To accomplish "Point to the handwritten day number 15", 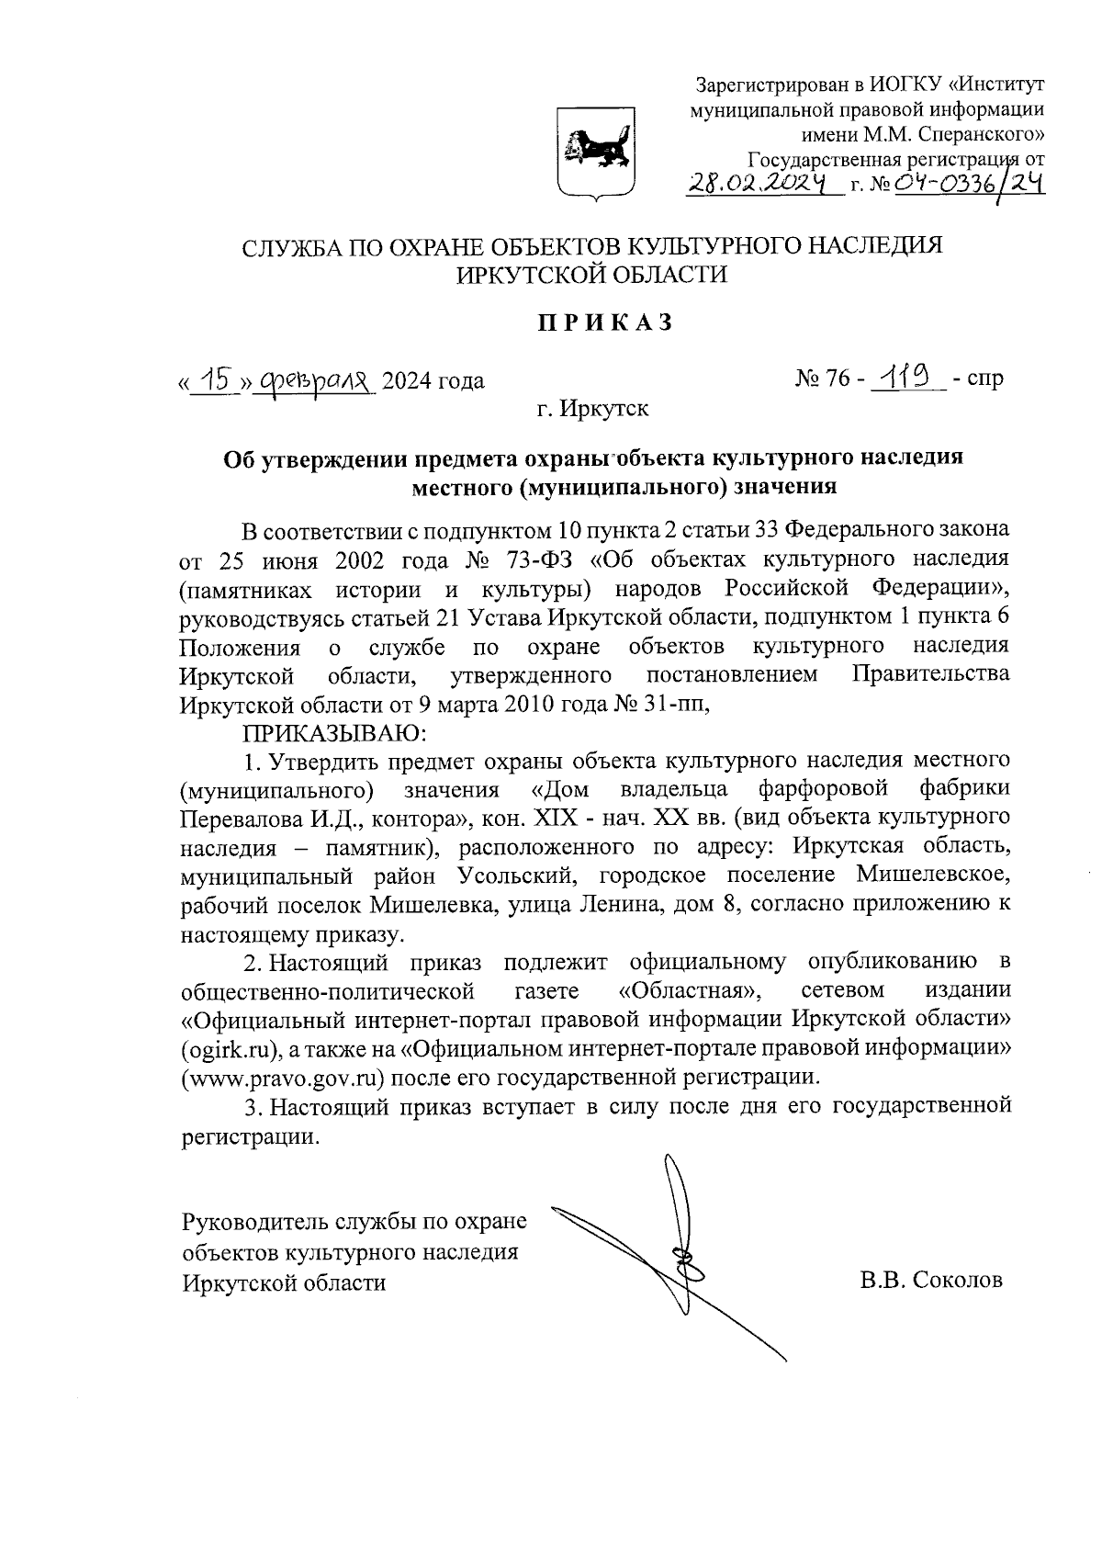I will (217, 378).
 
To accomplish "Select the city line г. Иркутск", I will (593, 408).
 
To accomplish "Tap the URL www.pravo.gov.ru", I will (282, 1076).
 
